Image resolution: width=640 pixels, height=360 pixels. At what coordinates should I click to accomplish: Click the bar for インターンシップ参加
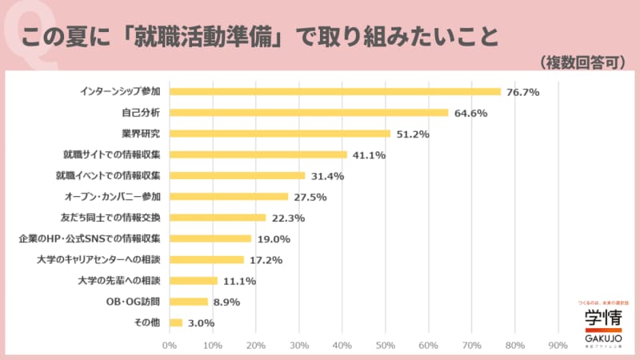click(x=334, y=91)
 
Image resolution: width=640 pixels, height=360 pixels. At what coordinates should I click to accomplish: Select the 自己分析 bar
click(x=309, y=112)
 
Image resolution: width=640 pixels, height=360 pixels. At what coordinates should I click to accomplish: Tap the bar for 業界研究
click(x=280, y=134)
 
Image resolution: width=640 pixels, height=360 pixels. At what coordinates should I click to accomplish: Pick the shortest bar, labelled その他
click(x=176, y=322)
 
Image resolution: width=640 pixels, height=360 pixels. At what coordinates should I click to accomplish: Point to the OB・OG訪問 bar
click(x=189, y=302)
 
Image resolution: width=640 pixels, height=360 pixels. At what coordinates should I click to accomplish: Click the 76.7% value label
click(x=522, y=92)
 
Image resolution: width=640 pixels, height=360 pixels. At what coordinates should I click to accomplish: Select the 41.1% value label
click(x=369, y=155)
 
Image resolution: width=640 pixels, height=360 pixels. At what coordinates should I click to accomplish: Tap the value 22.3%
click(x=288, y=218)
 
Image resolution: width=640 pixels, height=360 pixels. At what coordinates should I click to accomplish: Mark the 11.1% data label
click(x=239, y=281)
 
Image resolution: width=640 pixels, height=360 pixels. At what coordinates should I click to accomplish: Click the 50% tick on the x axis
click(x=385, y=346)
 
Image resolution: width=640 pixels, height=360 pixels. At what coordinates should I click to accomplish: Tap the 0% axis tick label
click(x=170, y=346)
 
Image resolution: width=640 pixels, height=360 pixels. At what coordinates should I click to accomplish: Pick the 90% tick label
click(x=558, y=346)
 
